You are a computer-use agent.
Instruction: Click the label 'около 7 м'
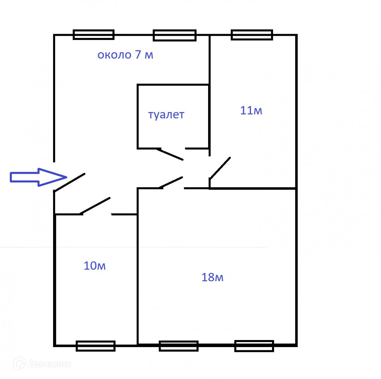[125, 55]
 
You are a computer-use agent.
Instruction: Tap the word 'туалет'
[166, 115]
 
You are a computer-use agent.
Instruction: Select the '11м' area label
[251, 111]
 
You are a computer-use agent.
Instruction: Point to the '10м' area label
[95, 266]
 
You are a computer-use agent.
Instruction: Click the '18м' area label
[212, 278]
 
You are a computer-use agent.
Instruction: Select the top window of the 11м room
[252, 35]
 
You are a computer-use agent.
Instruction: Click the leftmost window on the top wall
[93, 34]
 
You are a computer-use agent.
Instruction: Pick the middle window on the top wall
[174, 35]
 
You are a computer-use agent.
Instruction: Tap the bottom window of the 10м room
[96, 346]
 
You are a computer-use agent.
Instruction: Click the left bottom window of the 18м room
[179, 346]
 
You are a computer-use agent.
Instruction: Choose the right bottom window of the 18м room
[254, 346]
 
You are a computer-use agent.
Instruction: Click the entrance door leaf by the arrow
[70, 182]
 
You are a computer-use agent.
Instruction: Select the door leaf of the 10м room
[95, 206]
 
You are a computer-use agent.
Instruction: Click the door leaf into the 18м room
[171, 182]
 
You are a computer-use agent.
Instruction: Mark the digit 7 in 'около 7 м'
[138, 55]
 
